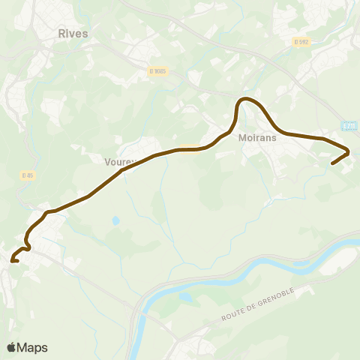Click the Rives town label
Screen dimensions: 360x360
(73, 34)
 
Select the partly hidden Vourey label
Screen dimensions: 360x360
(118, 160)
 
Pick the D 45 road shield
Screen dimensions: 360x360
(27, 175)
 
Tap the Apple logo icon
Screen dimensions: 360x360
(11, 347)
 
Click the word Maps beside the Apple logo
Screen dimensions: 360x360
(33, 347)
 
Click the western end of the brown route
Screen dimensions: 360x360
(13, 261)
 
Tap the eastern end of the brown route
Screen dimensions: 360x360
(331, 163)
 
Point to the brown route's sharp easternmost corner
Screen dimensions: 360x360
(349, 153)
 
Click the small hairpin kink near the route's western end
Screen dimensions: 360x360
(28, 241)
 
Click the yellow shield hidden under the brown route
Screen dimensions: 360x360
(188, 148)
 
